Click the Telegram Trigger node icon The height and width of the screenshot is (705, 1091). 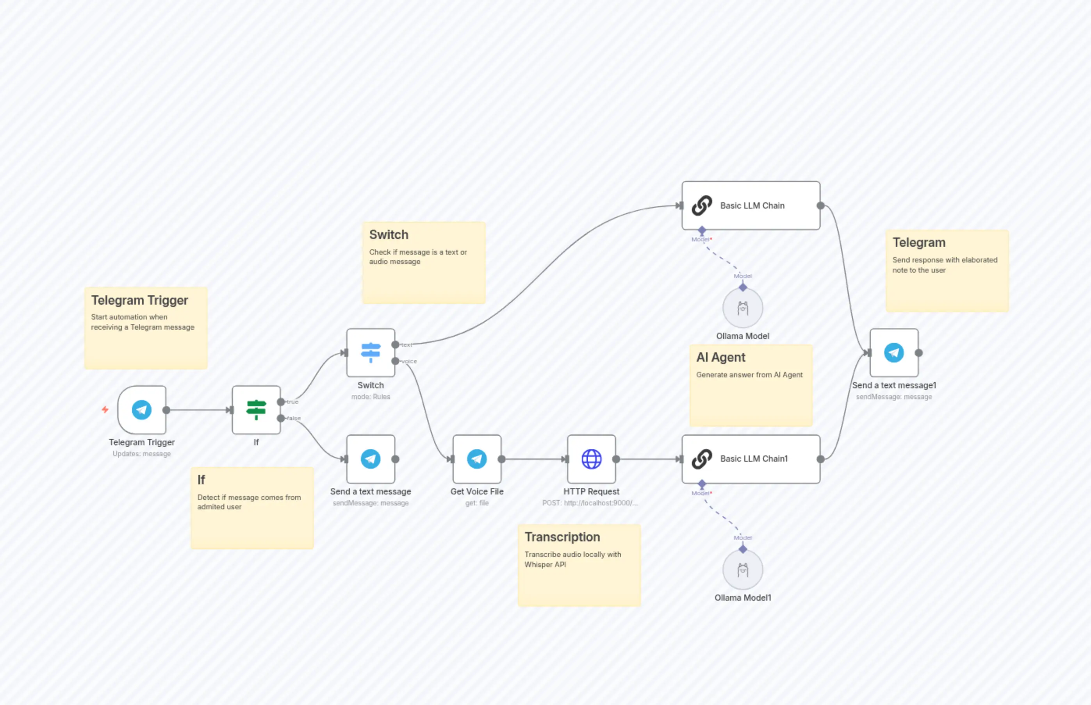[141, 410]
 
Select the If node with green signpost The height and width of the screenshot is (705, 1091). [256, 410]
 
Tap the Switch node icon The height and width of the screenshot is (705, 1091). [370, 352]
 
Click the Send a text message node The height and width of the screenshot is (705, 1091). [370, 459]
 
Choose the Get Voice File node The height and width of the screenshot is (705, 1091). [476, 459]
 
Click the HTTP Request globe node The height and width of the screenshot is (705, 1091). [591, 459]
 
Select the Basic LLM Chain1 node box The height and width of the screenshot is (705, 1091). [751, 459]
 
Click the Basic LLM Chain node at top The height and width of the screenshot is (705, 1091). [751, 205]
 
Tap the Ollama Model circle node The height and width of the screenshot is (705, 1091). [742, 308]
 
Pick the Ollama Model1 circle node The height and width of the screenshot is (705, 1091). [742, 570]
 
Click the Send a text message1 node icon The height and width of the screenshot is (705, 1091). [893, 352]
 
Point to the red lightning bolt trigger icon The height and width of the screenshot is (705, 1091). [105, 409]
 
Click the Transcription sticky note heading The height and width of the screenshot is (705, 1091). [562, 537]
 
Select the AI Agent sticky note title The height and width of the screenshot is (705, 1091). [720, 357]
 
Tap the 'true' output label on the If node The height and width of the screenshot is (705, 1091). [293, 402]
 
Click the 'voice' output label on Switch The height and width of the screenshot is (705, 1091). [409, 361]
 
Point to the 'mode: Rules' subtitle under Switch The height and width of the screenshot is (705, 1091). [370, 396]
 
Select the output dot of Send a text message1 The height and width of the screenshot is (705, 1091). [918, 352]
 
